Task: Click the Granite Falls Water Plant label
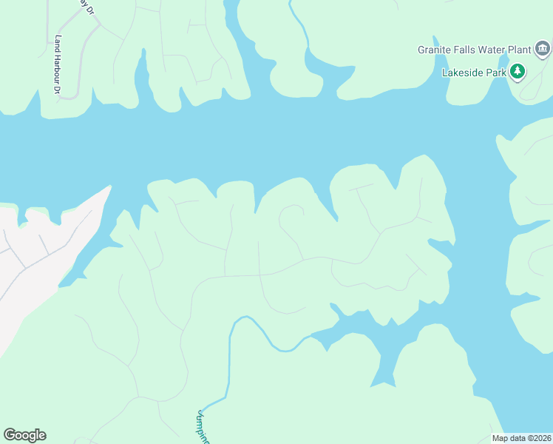coord(474,50)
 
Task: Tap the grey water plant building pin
coord(543,50)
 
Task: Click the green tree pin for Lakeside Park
coord(519,72)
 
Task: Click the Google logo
coord(24,435)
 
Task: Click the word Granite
coord(434,50)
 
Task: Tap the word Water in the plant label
coord(493,50)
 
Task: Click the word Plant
coord(520,50)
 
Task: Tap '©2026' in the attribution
coord(537,438)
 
